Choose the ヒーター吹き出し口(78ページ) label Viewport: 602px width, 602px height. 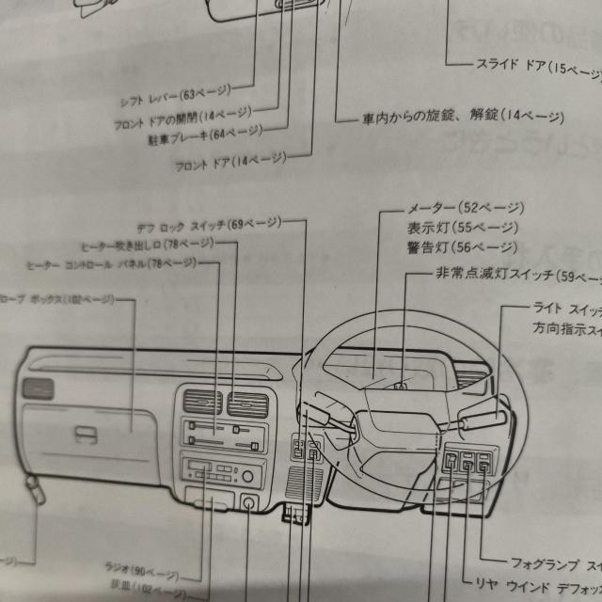point(146,245)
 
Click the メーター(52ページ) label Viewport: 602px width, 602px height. point(466,208)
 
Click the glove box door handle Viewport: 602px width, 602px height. point(87,435)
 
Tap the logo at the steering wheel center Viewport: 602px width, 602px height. point(400,385)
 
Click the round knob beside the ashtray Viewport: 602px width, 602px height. point(249,503)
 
